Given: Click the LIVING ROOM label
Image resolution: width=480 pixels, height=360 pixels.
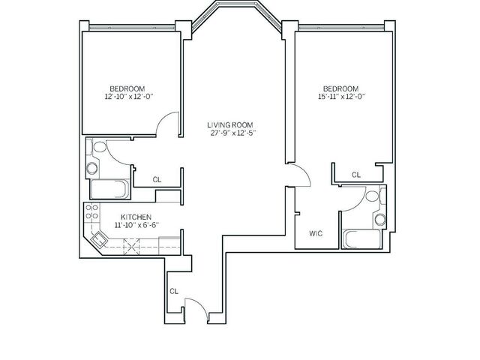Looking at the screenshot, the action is pos(230,125).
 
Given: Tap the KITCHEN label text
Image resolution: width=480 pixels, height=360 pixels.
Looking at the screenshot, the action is pos(136,217).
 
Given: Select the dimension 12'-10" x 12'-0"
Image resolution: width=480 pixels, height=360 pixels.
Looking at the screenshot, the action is pos(128,97).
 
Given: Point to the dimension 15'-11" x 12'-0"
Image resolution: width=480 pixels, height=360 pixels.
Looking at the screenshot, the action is pos(342,97).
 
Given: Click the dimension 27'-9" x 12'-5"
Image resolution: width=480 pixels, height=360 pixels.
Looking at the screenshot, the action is pos(232,133).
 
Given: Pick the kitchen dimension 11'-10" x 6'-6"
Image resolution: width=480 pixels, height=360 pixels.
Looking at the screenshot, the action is pos(136,225).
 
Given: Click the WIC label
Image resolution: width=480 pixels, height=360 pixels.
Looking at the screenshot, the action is pos(316,233).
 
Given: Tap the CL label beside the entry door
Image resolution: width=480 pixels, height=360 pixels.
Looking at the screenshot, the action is pos(174,291).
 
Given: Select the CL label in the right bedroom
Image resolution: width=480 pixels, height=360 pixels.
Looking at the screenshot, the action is pos(356,175).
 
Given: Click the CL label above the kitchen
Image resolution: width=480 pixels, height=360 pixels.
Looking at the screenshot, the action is pos(157,180).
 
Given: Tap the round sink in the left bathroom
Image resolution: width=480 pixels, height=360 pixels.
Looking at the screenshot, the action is pos(92,168).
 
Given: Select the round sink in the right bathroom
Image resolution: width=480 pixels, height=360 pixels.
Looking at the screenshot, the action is pos(380,219).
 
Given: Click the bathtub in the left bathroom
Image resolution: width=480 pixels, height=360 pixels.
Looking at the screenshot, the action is pos(109,189).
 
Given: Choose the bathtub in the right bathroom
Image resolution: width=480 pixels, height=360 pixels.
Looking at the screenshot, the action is pos(361,239).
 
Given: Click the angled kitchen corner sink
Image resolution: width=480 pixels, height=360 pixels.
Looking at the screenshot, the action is pos(99,238).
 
